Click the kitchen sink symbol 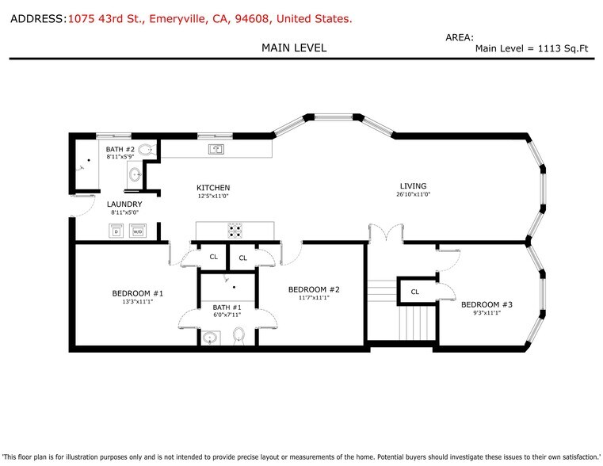216,149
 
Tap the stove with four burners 235,230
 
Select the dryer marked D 116,231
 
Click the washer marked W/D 138,231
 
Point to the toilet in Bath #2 147,150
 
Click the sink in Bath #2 135,174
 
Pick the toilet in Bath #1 239,335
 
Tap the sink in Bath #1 210,338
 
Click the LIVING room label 413,185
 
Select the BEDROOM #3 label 487,304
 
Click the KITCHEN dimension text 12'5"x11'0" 213,196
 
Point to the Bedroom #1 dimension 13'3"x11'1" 138,302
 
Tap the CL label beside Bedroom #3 415,292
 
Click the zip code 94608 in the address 251,19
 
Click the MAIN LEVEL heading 294,48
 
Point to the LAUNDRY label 124,204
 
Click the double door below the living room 386,233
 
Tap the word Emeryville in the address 177,19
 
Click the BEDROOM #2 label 315,289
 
